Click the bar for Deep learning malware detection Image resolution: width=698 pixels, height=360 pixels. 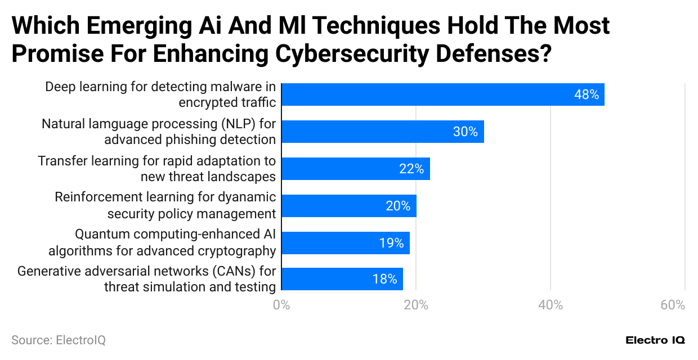tap(442, 94)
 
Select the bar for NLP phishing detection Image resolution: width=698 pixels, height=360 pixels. tap(382, 132)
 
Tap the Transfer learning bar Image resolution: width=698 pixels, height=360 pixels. tap(355, 169)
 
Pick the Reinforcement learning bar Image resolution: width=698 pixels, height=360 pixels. tap(348, 206)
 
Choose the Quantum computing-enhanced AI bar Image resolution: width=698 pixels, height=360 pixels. tap(345, 242)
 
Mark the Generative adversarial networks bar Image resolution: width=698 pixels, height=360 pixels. tap(342, 279)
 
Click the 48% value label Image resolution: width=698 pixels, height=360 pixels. tap(586, 95)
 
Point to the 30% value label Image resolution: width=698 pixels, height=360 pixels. tap(465, 132)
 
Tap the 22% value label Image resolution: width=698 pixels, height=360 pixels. tap(411, 169)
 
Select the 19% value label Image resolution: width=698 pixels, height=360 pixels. tap(391, 243)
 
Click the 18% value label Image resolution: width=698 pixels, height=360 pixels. tap(384, 280)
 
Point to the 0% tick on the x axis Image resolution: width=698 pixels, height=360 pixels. tap(281, 305)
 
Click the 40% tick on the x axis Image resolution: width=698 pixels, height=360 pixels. tap(550, 305)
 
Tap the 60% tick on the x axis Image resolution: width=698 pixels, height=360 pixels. tap(673, 305)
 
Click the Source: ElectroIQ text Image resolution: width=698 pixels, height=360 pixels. tap(59, 340)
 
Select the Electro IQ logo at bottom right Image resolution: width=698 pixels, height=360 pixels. tap(655, 340)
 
